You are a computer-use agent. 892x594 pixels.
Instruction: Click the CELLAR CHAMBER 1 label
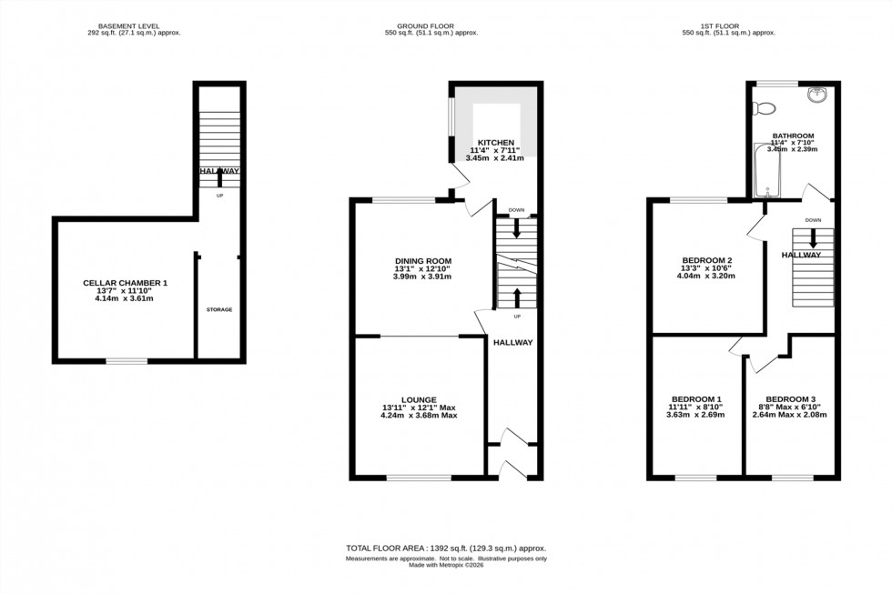tap(126, 283)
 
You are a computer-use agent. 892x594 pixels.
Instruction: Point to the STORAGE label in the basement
tap(218, 309)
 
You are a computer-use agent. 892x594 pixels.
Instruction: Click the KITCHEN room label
tap(492, 143)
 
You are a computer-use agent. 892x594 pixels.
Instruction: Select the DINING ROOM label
tap(422, 261)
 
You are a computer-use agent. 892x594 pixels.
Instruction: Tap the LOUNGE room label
tap(419, 399)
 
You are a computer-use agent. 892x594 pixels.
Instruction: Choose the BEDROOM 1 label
tap(696, 399)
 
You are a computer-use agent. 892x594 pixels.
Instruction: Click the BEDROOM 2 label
tap(707, 261)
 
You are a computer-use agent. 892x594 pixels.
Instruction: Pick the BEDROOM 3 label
tap(790, 399)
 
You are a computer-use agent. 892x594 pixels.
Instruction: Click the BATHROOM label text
tap(793, 136)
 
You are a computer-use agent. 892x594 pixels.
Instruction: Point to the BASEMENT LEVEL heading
tap(128, 25)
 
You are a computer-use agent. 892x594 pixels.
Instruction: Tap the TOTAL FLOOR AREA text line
tap(445, 549)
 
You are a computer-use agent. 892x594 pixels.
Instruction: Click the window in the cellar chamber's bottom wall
tap(126, 361)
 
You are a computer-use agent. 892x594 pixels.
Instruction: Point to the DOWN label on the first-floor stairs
tap(813, 220)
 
